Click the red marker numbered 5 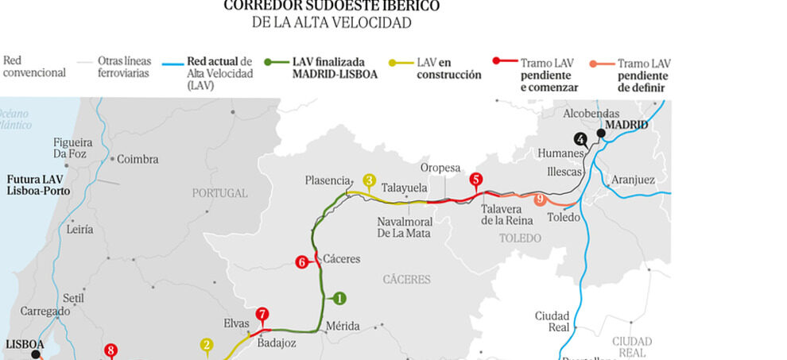tap(476, 179)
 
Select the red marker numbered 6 tap(301, 261)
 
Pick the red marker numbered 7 tap(262, 314)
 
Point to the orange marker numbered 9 tap(540, 199)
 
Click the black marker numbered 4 tap(581, 139)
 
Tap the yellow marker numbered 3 tap(370, 180)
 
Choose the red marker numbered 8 tap(110, 349)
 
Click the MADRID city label tap(626, 125)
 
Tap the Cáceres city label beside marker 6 tap(342, 259)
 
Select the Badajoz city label tap(277, 343)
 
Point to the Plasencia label tap(328, 180)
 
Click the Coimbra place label tap(138, 159)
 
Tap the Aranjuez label tap(634, 180)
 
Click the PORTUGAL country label tap(219, 193)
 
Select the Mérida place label tap(343, 326)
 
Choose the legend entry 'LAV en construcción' tap(449, 68)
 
